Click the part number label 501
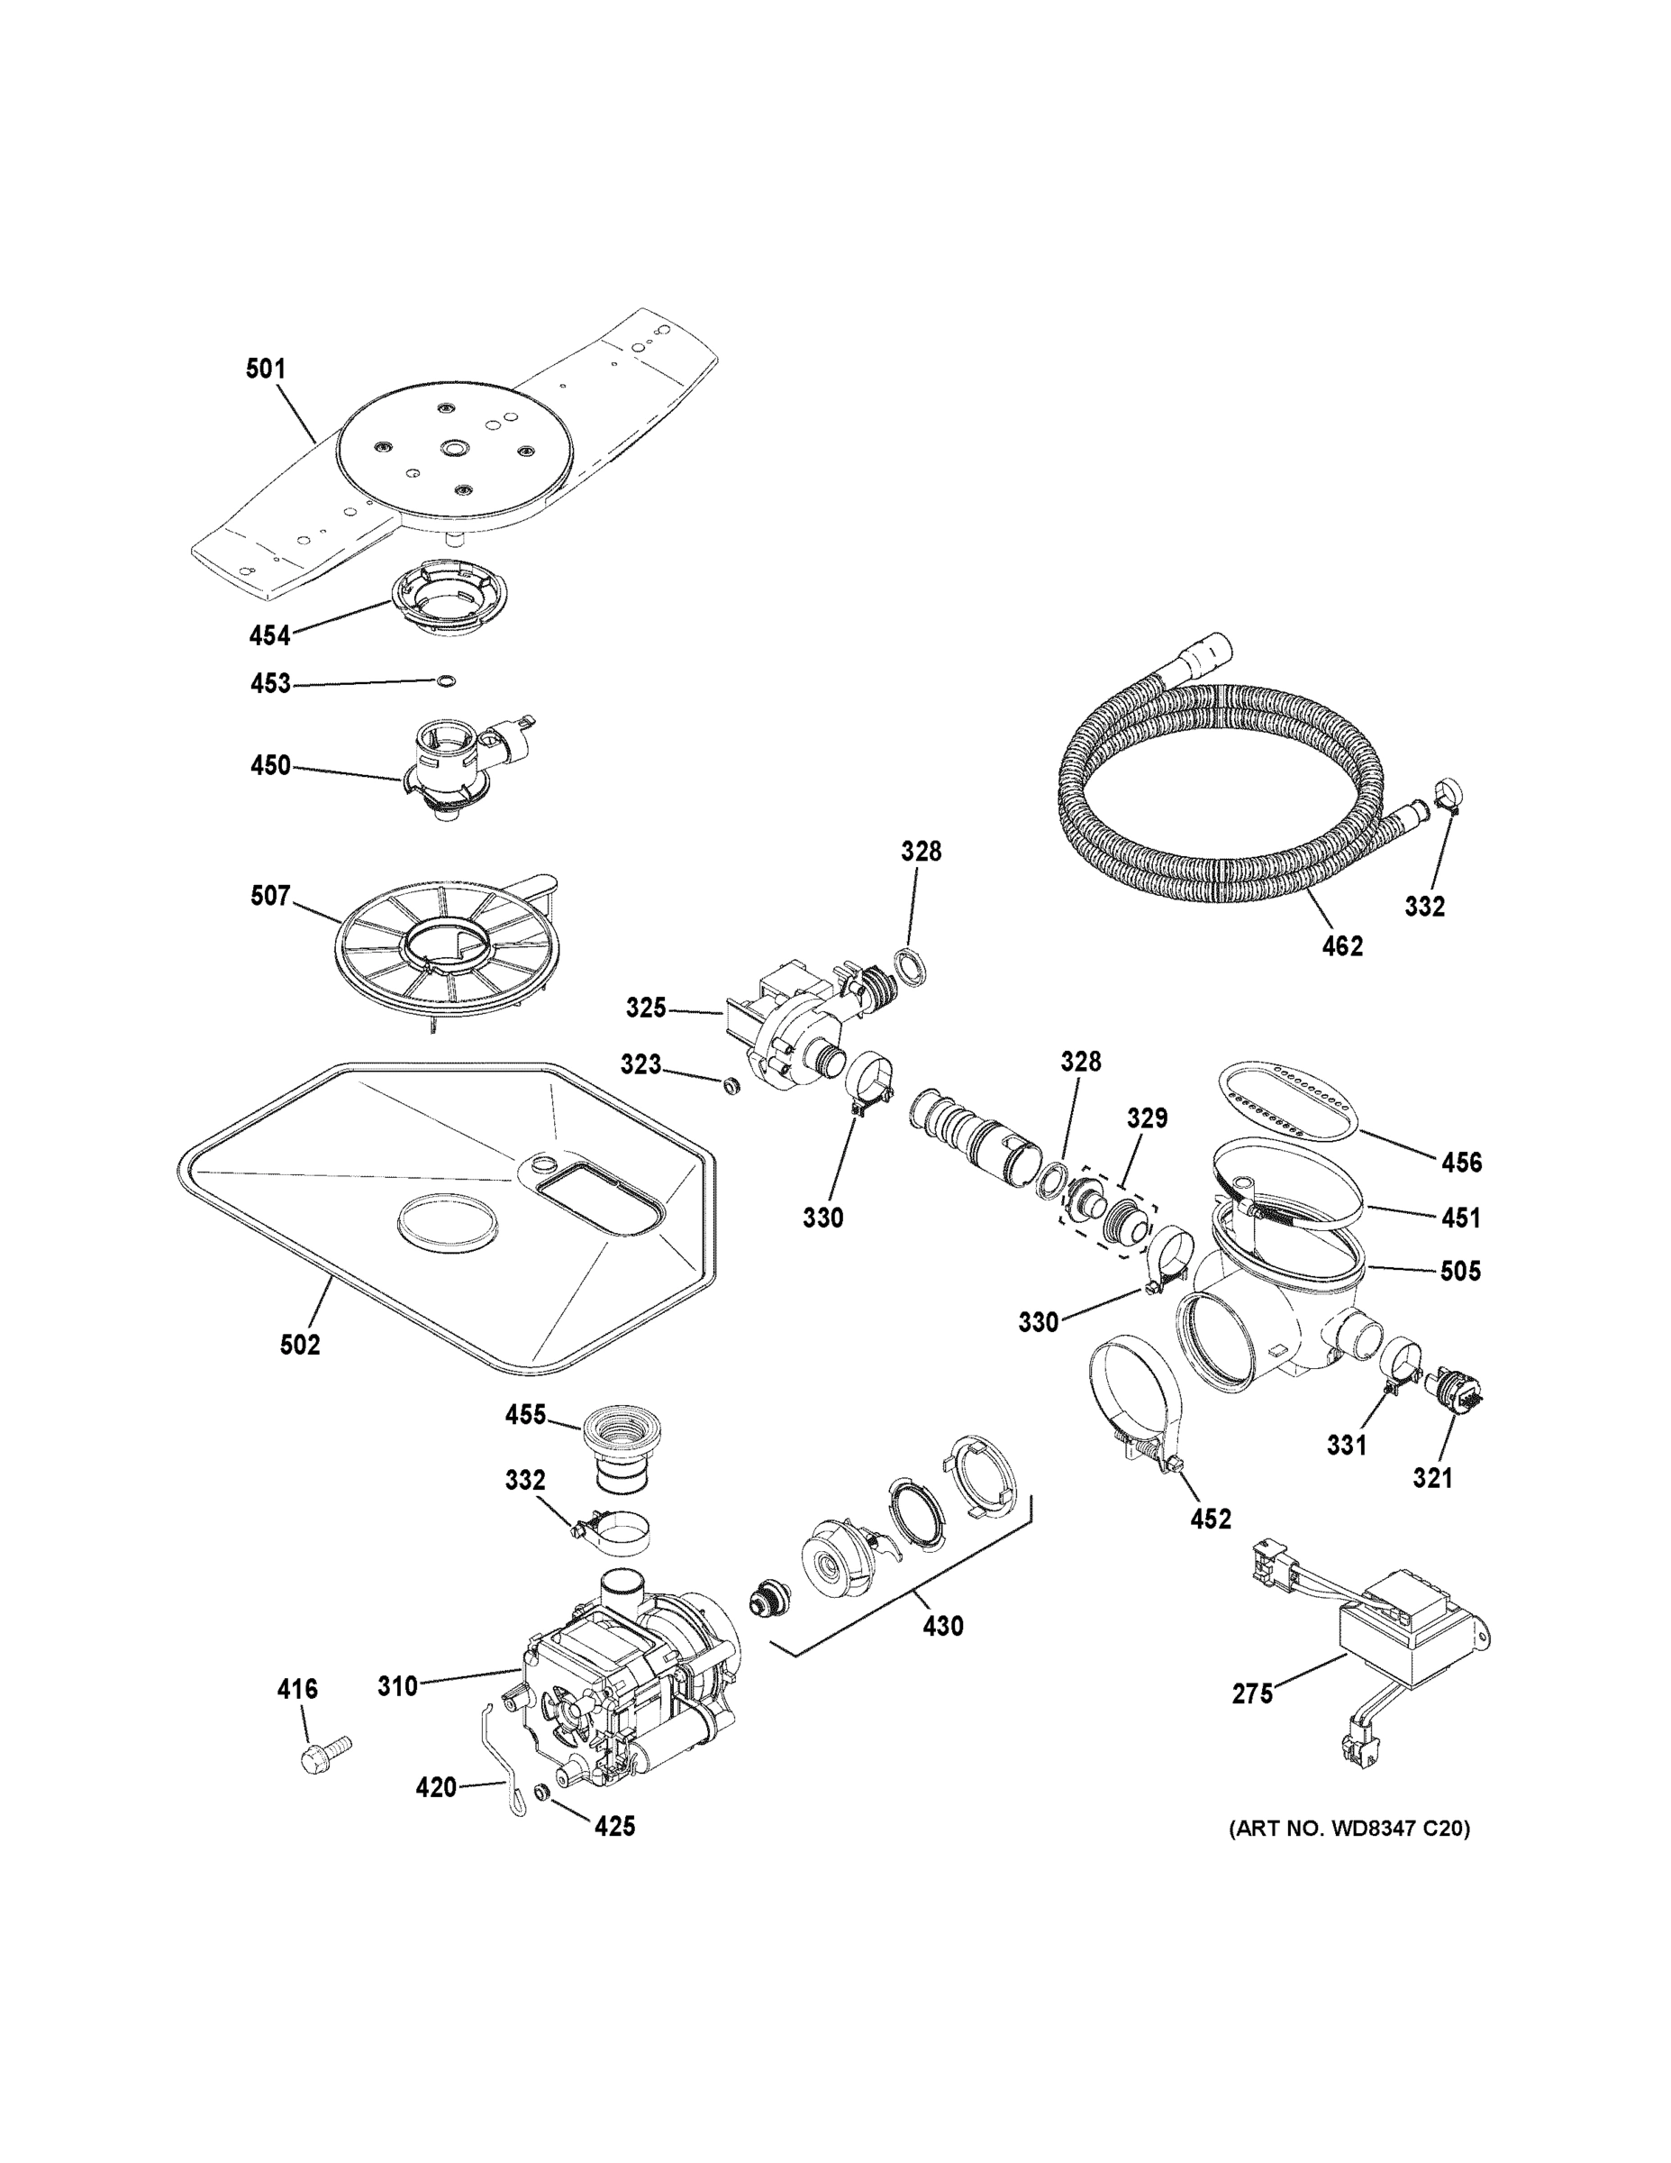tap(266, 370)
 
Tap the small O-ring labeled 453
tap(447, 680)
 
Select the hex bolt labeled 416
tap(323, 1752)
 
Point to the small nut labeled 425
tap(541, 1792)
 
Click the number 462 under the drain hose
tap(1341, 945)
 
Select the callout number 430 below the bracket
tap(942, 1626)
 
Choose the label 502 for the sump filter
tap(300, 1345)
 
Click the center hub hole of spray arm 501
tap(454, 450)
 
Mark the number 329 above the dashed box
tap(1148, 1118)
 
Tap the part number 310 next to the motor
tap(397, 1685)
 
